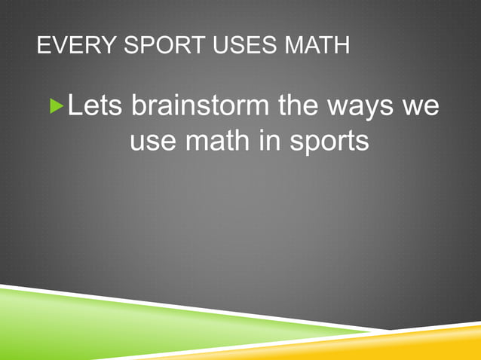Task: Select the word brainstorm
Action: point(201,105)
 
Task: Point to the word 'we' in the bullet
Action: point(420,107)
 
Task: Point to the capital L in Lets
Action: point(75,105)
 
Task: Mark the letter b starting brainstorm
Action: point(139,105)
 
